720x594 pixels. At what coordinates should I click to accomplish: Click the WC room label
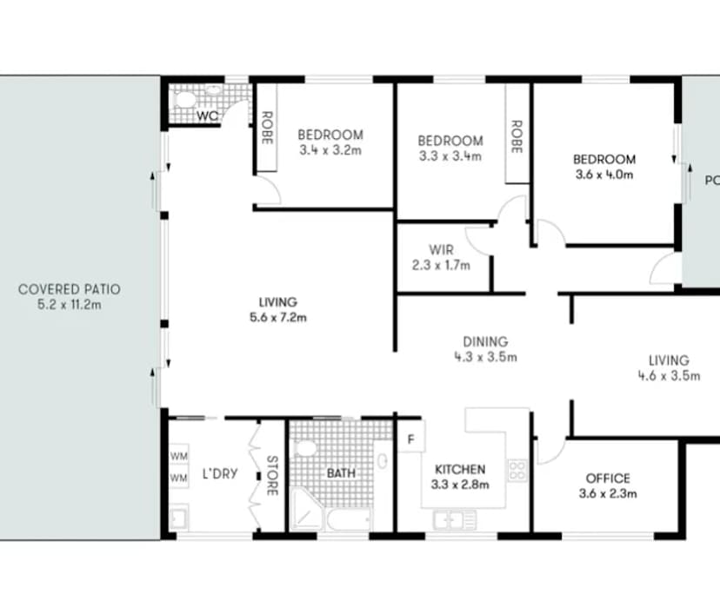coord(207,116)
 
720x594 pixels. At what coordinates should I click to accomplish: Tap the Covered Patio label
coord(70,288)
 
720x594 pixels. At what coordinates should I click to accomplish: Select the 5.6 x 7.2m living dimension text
coord(277,317)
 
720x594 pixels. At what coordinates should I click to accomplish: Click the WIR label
coord(441,250)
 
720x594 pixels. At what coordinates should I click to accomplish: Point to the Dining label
coord(486,342)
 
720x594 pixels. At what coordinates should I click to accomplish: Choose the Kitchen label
coord(459,470)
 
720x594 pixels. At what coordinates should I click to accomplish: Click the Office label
coord(608,478)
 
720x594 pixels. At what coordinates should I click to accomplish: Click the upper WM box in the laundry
coord(179,456)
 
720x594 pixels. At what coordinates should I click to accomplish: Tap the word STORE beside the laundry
coord(272,475)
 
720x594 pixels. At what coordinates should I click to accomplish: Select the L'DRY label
coord(215,475)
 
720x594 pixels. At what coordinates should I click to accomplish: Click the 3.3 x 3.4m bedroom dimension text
coord(450,156)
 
